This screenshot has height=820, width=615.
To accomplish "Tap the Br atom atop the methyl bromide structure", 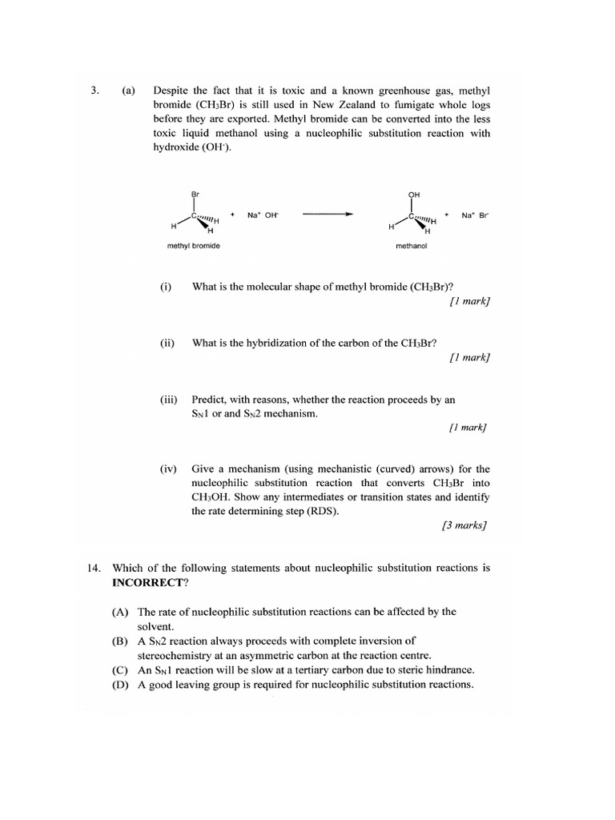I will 194,194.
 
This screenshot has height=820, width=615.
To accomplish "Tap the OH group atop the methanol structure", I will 413,194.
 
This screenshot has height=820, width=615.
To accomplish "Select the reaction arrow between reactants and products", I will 328,215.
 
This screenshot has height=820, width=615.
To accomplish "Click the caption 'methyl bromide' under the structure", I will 193,246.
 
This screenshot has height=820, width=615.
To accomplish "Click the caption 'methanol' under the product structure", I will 412,246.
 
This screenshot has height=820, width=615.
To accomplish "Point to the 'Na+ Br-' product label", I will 475,215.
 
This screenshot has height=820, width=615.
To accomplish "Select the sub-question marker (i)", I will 166,287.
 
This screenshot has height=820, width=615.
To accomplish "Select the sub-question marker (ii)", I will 167,343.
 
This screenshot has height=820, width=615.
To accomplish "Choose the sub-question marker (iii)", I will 167,399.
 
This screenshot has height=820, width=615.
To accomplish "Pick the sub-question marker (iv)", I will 167,469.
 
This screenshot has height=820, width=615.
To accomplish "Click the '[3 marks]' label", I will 464,526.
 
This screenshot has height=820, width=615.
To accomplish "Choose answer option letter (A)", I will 121,612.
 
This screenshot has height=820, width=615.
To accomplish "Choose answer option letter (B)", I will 121,641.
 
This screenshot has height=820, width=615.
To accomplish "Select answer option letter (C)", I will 121,669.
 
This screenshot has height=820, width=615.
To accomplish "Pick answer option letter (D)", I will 121,685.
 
